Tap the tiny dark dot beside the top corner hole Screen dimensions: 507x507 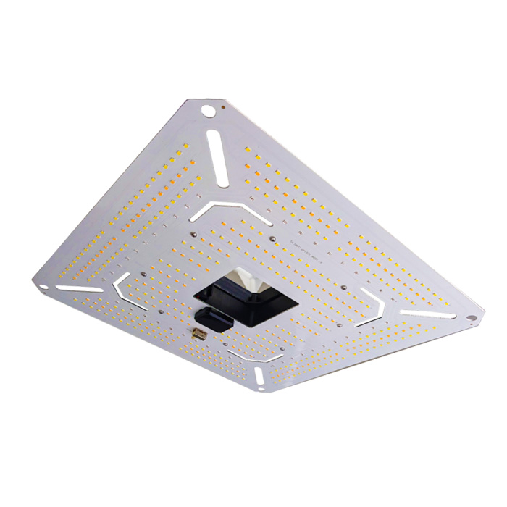click(x=222, y=109)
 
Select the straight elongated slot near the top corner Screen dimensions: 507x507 click(x=218, y=151)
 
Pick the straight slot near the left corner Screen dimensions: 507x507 click(x=79, y=288)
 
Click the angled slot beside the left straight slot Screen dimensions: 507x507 click(x=130, y=289)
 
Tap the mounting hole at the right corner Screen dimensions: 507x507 click(x=472, y=317)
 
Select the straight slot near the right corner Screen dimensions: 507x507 click(x=428, y=314)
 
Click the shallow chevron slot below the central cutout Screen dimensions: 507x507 click(x=253, y=354)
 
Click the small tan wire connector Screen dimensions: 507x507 click(x=199, y=334)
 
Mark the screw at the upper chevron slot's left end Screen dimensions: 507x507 click(x=193, y=233)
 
